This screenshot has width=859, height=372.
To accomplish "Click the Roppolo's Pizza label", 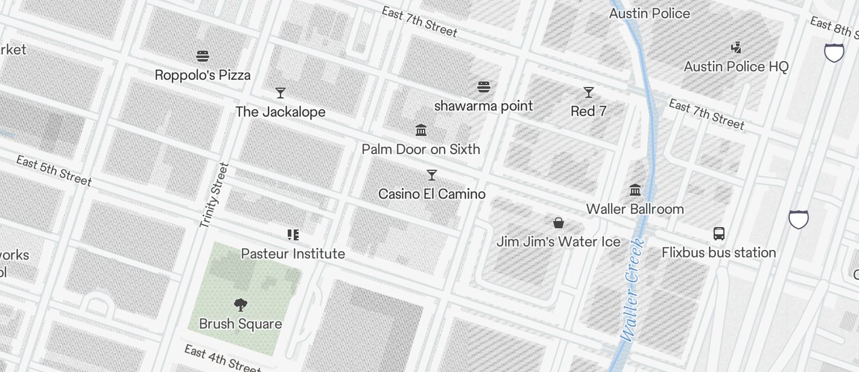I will [x=203, y=75].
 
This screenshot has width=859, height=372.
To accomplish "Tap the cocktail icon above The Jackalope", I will [x=280, y=93].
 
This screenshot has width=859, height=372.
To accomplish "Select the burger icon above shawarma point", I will [x=483, y=87].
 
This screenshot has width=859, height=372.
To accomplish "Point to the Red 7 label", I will [x=588, y=111].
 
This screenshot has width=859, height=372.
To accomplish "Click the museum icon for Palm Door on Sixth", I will [x=421, y=130].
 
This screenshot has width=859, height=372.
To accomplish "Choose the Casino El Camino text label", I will [x=432, y=194].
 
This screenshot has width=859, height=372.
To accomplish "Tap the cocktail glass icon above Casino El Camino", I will [x=432, y=175].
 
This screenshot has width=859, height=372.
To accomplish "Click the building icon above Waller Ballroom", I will [x=635, y=190].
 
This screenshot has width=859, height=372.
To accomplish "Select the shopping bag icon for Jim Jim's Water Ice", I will [x=559, y=223].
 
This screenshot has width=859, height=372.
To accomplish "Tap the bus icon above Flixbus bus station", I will [x=718, y=234].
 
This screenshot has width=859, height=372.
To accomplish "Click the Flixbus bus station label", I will [x=718, y=252].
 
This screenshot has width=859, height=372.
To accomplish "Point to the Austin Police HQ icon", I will [x=736, y=48].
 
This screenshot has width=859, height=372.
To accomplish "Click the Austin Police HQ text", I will [x=736, y=66].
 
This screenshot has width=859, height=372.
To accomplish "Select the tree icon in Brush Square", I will [x=240, y=305].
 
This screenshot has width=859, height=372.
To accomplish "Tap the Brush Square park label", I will [x=240, y=324].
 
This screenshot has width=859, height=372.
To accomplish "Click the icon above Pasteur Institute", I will [x=293, y=235].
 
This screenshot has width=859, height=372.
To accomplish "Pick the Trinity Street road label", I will [x=214, y=195].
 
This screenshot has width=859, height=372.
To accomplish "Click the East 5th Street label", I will [x=54, y=171].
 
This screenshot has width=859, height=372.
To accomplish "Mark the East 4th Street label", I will [x=222, y=359].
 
